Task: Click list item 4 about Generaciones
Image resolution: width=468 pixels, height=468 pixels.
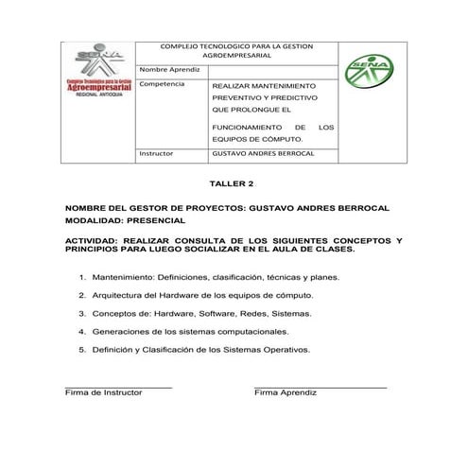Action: tap(190, 332)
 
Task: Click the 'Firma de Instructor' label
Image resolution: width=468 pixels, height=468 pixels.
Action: tap(103, 391)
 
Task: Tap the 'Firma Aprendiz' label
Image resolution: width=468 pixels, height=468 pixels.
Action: tap(286, 391)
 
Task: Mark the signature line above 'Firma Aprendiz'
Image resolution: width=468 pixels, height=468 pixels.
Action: tap(321, 386)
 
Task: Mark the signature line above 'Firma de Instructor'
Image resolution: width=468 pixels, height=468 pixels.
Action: tap(118, 386)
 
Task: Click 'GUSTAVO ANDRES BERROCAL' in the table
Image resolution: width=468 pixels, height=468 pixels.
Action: tap(263, 153)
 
